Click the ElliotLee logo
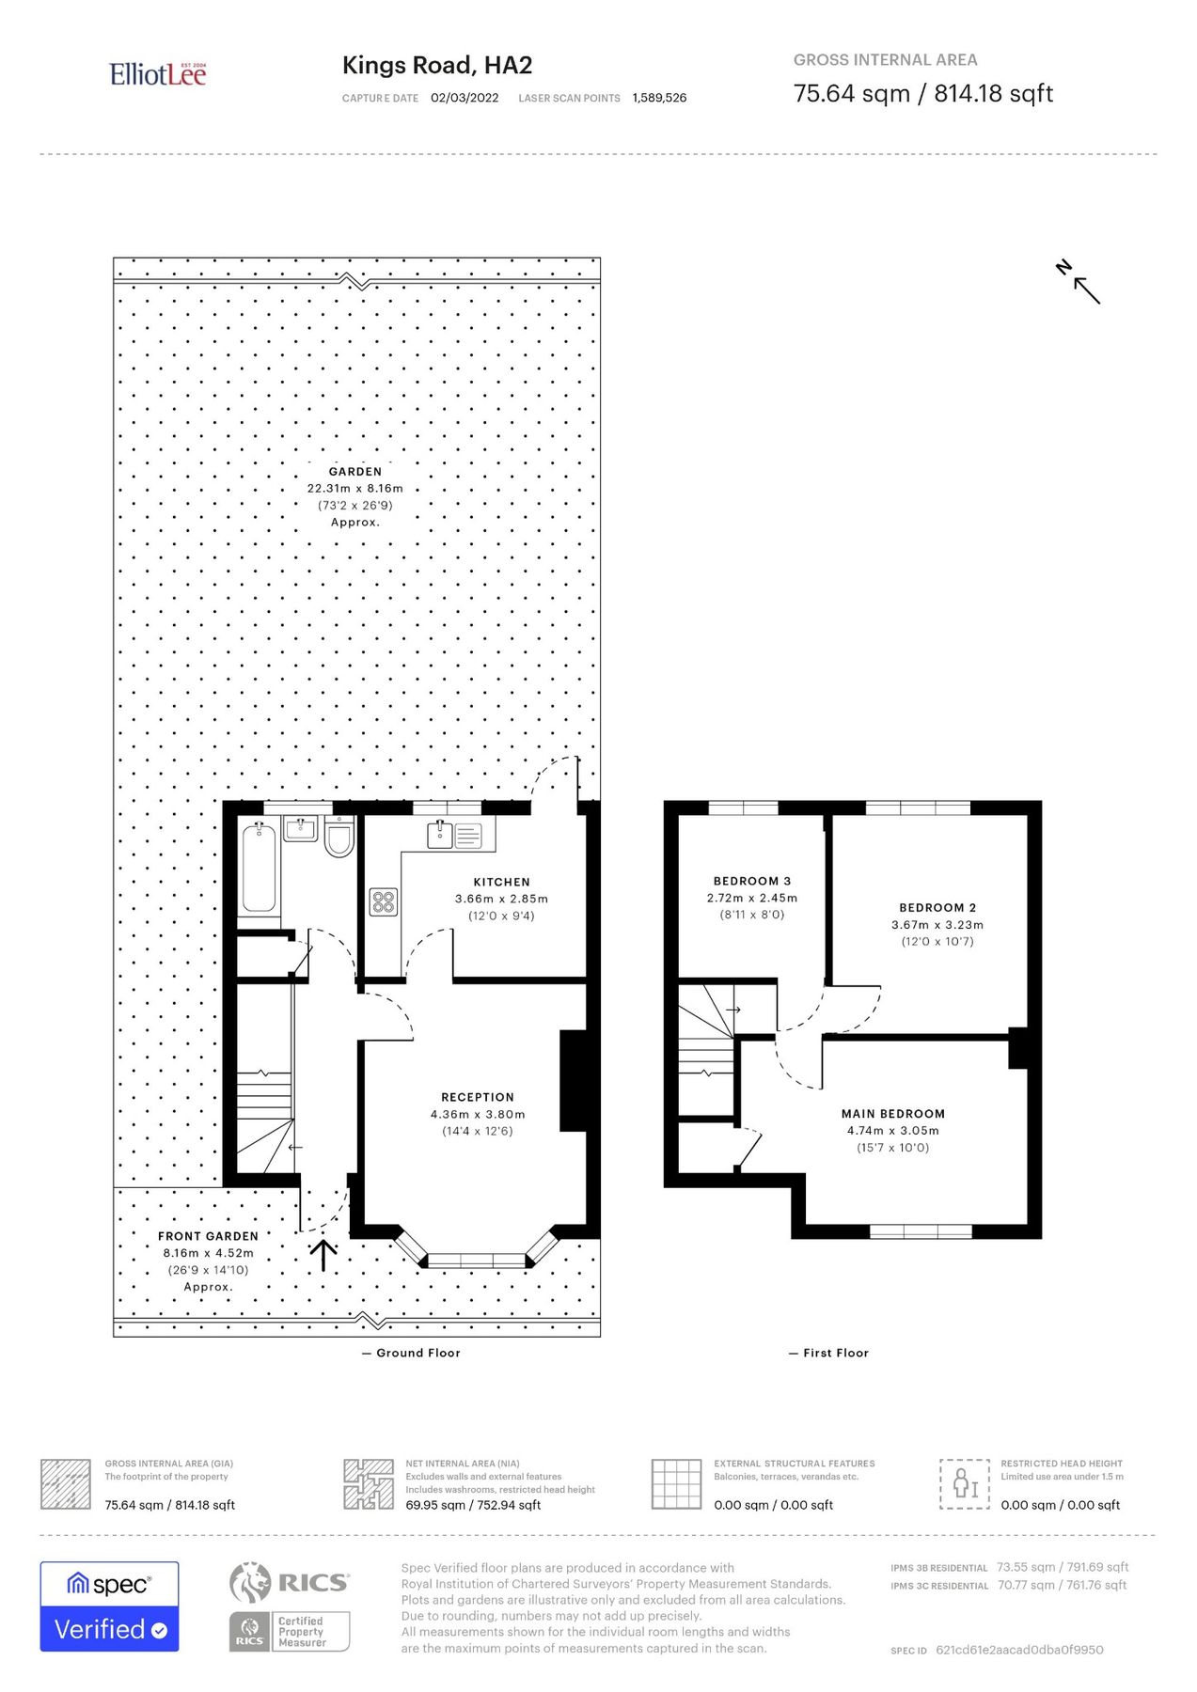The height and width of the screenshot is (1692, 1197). pyautogui.click(x=157, y=74)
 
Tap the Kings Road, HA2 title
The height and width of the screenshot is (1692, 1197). pyautogui.click(x=437, y=65)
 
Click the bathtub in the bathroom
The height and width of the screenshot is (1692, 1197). pyautogui.click(x=260, y=869)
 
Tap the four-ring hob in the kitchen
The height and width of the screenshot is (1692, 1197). pyautogui.click(x=383, y=902)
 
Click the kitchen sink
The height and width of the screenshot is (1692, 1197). pyautogui.click(x=440, y=833)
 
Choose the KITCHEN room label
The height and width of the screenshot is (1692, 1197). pyautogui.click(x=501, y=882)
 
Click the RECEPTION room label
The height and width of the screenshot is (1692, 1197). pyautogui.click(x=478, y=1097)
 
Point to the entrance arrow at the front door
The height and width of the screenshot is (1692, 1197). pyautogui.click(x=323, y=1255)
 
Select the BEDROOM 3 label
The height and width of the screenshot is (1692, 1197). pyautogui.click(x=752, y=881)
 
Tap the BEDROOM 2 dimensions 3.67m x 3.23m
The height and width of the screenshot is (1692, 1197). pyautogui.click(x=937, y=925)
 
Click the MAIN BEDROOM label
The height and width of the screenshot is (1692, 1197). pyautogui.click(x=893, y=1114)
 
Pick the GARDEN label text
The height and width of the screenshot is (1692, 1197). pyautogui.click(x=355, y=472)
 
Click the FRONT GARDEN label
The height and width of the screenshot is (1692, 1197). pyautogui.click(x=208, y=1236)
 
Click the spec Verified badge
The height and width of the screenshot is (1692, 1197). pyautogui.click(x=109, y=1606)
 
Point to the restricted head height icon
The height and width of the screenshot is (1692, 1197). pyautogui.click(x=965, y=1484)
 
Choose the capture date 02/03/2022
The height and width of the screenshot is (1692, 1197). pyautogui.click(x=465, y=98)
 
